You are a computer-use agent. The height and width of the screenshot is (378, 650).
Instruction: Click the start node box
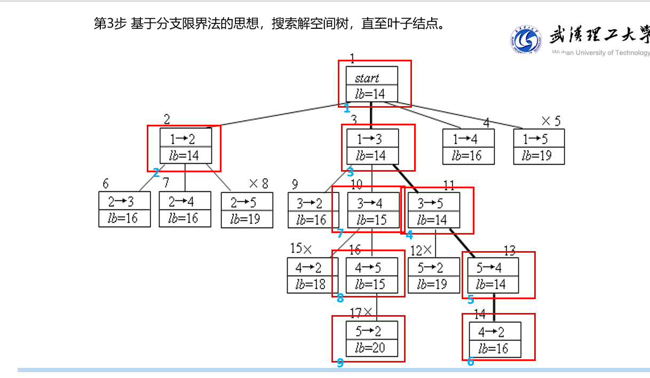[x=371, y=84]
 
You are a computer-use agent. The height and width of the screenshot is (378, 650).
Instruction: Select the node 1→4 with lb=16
[x=468, y=147]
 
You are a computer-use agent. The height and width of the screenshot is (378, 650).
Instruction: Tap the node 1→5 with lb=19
[x=539, y=147]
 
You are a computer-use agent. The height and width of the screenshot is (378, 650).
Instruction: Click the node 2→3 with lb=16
[x=124, y=210]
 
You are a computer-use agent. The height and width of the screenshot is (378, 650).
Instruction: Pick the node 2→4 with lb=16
[x=185, y=210]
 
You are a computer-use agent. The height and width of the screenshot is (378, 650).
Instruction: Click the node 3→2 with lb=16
[x=313, y=211]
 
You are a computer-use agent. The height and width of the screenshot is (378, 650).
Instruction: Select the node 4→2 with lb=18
[x=313, y=275]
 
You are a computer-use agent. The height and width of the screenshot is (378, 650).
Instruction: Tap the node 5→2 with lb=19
[x=433, y=275]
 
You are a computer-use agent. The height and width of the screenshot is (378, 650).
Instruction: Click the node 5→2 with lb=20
[x=371, y=339]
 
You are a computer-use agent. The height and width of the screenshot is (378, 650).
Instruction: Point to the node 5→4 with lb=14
[x=493, y=275]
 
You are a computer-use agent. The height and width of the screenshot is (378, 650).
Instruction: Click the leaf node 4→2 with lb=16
[x=495, y=340]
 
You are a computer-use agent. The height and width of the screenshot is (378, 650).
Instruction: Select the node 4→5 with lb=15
[x=371, y=275]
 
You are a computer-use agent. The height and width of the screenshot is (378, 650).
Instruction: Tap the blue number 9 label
[x=340, y=364]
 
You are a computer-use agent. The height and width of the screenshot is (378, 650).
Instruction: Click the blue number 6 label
[x=470, y=362]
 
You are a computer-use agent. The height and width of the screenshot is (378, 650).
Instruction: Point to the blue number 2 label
[x=156, y=173]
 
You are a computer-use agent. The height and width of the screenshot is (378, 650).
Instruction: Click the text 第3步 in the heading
[x=110, y=24]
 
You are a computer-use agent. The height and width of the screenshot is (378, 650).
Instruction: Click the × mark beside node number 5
[x=545, y=121]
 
